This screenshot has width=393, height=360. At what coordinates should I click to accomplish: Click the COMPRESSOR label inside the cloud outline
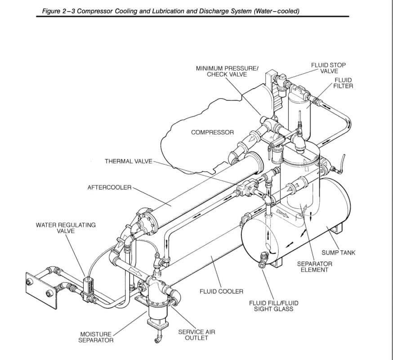[x=212, y=132]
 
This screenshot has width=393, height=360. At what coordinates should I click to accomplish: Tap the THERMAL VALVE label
[x=129, y=161]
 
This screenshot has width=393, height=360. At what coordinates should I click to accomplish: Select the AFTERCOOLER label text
[x=109, y=187]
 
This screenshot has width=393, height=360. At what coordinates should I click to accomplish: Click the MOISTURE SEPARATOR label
[x=93, y=337]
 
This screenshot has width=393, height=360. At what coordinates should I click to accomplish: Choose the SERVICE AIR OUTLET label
[x=196, y=335]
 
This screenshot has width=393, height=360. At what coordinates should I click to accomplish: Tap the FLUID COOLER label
[x=221, y=292]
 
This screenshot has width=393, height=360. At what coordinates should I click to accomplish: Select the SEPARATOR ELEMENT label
[x=314, y=266]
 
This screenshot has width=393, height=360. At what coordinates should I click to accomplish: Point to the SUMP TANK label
[x=338, y=252]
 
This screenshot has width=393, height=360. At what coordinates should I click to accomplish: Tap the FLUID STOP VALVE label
[x=328, y=68]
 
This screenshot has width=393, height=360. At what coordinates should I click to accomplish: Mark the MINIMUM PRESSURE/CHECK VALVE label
[x=227, y=71]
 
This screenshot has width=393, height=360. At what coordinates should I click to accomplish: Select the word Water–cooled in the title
[x=279, y=11]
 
